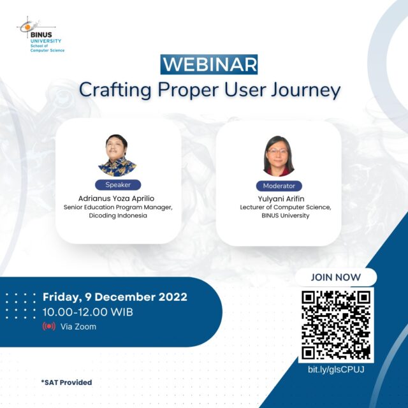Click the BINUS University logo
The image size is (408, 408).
click(40, 34)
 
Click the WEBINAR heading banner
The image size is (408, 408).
click(209, 64)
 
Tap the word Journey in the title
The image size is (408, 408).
click(306, 91)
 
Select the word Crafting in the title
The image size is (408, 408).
click(115, 91)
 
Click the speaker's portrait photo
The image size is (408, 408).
click(117, 156)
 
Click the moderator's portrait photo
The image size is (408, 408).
click(279, 156)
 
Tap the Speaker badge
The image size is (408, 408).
click(118, 185)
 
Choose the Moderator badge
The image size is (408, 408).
click(279, 186)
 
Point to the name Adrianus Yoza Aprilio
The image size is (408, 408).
click(116, 198)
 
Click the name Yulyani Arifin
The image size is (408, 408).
click(281, 199)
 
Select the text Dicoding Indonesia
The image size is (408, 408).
click(118, 215)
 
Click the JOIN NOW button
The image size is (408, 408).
click(336, 277)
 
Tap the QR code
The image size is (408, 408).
click(336, 325)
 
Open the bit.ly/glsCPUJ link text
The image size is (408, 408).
click(336, 370)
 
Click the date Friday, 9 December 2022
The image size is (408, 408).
click(115, 297)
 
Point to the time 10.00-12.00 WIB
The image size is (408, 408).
click(88, 312)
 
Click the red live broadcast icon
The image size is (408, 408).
click(49, 326)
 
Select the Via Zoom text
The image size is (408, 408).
click(78, 326)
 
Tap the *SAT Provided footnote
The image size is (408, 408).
click(66, 382)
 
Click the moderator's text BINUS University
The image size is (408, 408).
click(286, 215)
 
